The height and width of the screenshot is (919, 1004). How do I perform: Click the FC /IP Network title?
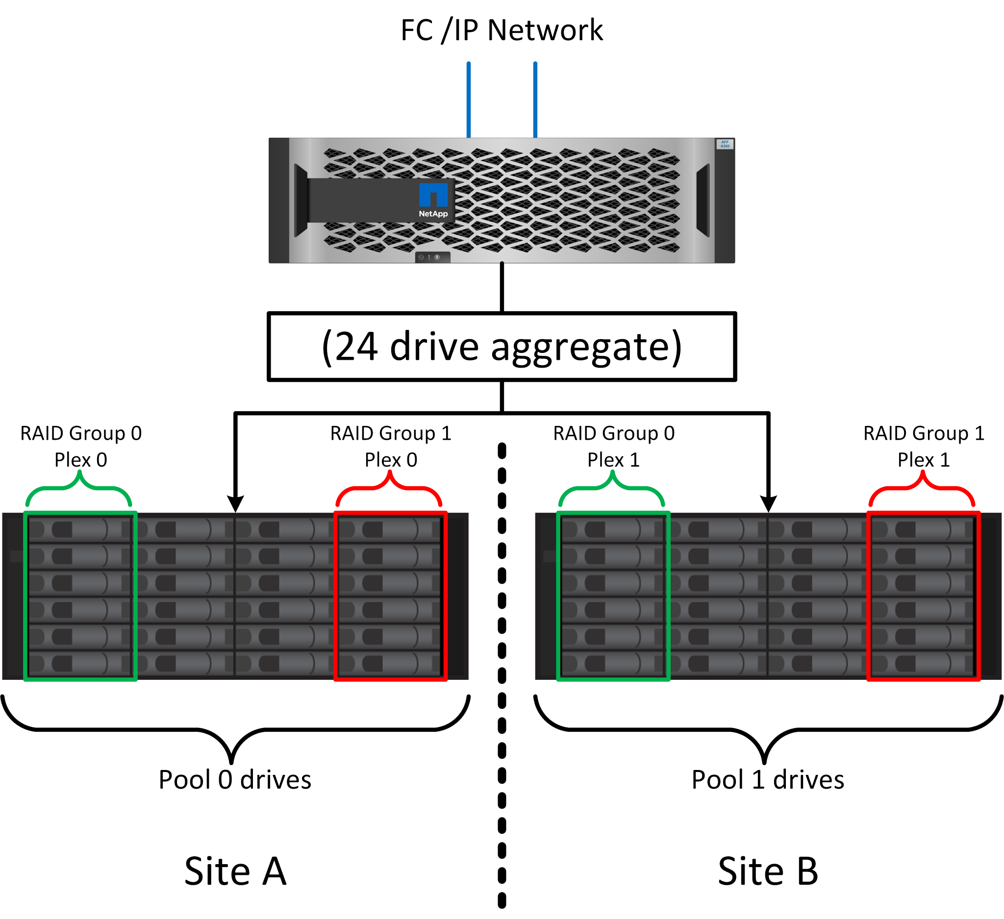(x=502, y=30)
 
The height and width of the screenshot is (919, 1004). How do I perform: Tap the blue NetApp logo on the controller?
(x=433, y=195)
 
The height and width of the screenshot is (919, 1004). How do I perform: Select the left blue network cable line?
(x=469, y=99)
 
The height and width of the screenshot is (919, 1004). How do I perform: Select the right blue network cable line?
(x=535, y=99)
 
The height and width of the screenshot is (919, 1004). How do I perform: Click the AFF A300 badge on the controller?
(x=725, y=145)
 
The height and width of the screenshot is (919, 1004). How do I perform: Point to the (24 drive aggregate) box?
(x=502, y=347)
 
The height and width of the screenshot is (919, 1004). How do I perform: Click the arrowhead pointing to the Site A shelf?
(x=235, y=504)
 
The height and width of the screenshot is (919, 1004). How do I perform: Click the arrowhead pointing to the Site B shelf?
(x=768, y=504)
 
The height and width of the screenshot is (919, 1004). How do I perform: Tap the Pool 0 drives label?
(x=234, y=780)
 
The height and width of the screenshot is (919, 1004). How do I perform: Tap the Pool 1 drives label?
(x=767, y=780)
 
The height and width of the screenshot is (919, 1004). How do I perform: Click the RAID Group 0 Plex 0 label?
(x=81, y=447)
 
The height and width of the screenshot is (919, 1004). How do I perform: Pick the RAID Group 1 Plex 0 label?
(x=391, y=447)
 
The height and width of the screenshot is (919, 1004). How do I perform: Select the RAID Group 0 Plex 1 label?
(x=614, y=447)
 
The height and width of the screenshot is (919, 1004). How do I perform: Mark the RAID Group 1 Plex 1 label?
(x=924, y=447)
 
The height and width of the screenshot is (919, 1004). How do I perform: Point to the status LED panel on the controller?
(x=432, y=257)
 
